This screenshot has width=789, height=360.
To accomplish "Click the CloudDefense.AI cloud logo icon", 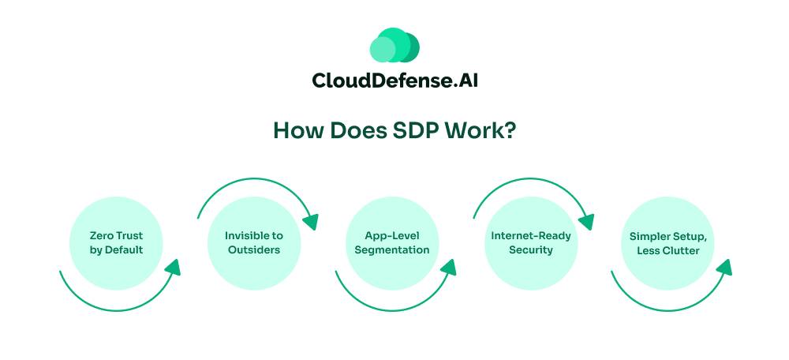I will click(x=394, y=45).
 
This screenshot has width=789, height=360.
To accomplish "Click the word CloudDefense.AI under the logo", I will click(x=394, y=81).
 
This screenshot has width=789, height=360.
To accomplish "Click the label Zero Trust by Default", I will click(x=117, y=242).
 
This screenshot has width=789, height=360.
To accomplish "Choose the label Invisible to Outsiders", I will click(x=253, y=242).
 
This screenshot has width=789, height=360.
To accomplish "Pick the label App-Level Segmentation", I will click(x=392, y=242).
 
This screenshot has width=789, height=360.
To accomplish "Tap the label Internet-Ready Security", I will click(x=530, y=242).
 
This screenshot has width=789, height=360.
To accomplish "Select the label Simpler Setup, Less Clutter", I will click(x=669, y=242).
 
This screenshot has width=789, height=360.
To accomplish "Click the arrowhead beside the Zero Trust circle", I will click(x=172, y=267).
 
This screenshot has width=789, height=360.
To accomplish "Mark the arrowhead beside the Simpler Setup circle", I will click(x=724, y=267).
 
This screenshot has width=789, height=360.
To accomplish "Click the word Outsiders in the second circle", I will click(x=253, y=249).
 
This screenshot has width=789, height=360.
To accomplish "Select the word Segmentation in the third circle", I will click(x=392, y=249).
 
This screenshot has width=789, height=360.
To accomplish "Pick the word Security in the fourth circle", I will click(x=530, y=249).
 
